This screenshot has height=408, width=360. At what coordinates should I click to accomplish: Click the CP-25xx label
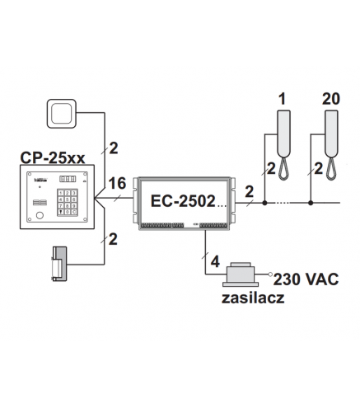coord(53,157)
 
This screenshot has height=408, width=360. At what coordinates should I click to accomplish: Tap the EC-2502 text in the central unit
coord(183,201)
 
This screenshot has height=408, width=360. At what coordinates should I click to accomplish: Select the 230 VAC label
coord(306,279)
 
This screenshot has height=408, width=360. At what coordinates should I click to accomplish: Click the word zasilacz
coord(253,298)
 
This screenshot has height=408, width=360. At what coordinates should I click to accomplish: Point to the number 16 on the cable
coord(117,183)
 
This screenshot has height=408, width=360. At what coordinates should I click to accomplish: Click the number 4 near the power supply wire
coord(215,262)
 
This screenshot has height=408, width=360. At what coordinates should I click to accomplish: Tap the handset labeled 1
coord(284,145)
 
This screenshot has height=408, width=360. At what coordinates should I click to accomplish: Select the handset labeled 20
coord(332,145)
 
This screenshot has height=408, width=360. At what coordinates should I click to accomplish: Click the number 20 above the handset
coord(331,99)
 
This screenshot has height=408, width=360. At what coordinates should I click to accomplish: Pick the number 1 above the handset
coord(283,99)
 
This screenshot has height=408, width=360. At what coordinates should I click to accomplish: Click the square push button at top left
coord(62,114)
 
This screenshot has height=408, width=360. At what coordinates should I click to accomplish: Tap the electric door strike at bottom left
coord(59,264)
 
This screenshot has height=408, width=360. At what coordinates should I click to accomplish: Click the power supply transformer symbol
coord(241,274)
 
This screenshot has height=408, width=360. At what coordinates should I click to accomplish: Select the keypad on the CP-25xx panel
coord(68,202)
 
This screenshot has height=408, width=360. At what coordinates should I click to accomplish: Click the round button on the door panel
coord(40,215)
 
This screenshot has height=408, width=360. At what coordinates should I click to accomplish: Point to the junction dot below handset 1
coord(264,203)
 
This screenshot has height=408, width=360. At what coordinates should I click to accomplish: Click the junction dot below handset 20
coord(311,203)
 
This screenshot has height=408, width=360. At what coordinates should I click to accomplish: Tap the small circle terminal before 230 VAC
coord(270,274)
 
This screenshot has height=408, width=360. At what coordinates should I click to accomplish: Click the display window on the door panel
coord(68,179)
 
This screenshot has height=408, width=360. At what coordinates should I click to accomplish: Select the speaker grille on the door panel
coord(40,203)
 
